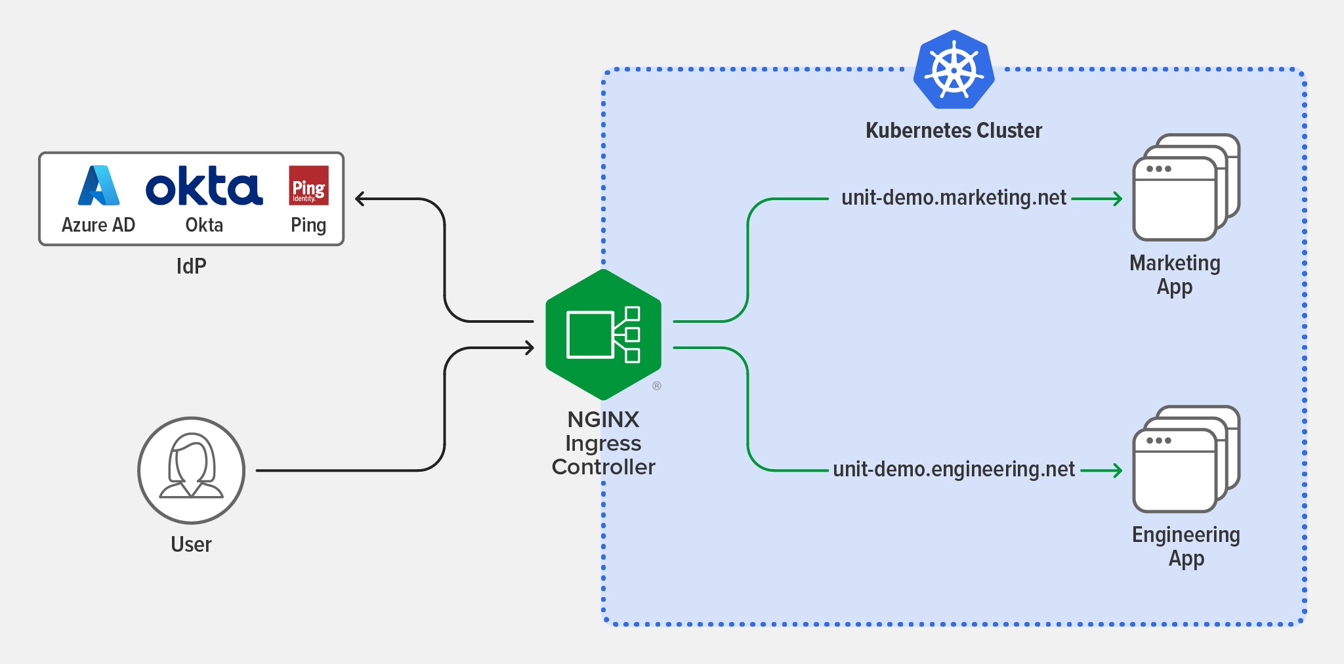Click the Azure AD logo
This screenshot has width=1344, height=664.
click(98, 186)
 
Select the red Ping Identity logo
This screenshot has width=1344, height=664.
click(308, 186)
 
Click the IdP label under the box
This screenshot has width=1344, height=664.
click(191, 266)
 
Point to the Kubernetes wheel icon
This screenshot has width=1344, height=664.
click(954, 70)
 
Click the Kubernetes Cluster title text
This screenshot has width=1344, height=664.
click(954, 131)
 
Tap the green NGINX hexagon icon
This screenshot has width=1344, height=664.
click(603, 335)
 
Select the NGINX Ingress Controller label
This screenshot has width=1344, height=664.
click(603, 443)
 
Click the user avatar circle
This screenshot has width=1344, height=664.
click(191, 470)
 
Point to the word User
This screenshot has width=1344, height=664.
click(191, 545)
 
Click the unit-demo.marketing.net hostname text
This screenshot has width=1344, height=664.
click(954, 197)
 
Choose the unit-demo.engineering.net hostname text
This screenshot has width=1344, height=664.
click(954, 469)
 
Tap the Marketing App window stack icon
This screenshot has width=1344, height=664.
click(1185, 188)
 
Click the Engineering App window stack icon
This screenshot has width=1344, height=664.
click(1185, 459)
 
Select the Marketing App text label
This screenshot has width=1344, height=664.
click(1175, 275)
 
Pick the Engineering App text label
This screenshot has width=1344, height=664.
click(1186, 547)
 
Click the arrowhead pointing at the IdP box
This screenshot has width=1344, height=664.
click(360, 199)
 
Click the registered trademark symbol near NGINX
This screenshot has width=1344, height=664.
click(656, 386)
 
